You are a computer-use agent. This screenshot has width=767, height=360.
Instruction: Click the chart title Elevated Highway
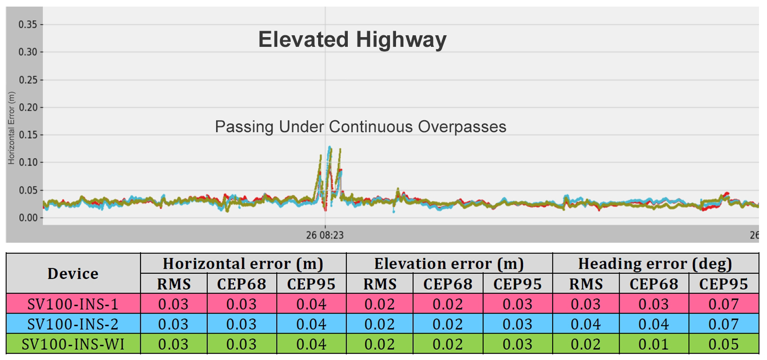(352, 40)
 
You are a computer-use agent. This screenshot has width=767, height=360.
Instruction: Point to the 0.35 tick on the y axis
(28, 25)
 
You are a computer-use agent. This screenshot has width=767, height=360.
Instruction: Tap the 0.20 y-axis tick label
(28, 108)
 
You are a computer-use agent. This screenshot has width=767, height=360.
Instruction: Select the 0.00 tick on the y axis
(28, 218)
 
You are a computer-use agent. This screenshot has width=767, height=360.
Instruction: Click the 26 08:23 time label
(325, 235)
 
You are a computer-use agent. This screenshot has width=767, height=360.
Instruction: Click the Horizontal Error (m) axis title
(12, 128)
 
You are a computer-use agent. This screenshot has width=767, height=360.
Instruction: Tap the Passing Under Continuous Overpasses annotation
(360, 127)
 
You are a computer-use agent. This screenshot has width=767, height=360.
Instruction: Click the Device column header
(73, 274)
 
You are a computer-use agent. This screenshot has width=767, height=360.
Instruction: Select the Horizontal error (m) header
(243, 264)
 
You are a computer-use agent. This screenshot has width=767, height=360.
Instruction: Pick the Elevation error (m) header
(449, 264)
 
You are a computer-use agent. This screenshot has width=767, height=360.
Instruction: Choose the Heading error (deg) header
(655, 264)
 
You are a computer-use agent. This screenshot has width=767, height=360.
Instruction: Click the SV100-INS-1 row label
(73, 304)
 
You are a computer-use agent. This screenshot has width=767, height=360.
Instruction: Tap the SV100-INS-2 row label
(73, 324)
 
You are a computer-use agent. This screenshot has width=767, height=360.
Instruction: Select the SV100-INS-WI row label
(73, 344)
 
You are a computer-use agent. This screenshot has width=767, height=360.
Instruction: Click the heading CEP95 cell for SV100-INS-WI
(723, 344)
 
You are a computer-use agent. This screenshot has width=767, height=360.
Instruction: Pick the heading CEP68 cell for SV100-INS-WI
(654, 344)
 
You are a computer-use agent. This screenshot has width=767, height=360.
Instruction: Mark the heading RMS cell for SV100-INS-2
(586, 324)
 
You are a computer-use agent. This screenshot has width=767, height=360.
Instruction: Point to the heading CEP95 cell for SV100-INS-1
(723, 304)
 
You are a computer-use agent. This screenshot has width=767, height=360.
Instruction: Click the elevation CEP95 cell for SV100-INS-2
(518, 324)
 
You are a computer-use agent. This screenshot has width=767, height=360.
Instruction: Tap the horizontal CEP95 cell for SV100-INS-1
(311, 304)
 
